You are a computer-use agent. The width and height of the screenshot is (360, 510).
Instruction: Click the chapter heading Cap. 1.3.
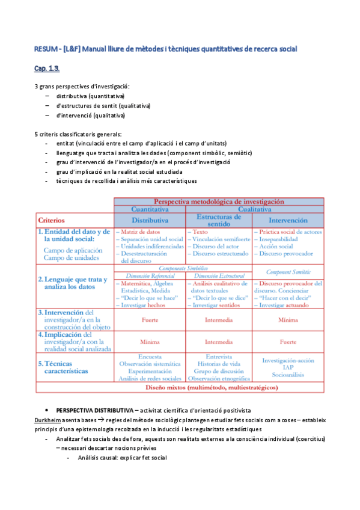(46, 68)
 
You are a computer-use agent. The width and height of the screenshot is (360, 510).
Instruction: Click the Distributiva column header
(150, 220)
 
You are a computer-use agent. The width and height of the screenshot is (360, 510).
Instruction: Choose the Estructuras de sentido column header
(219, 220)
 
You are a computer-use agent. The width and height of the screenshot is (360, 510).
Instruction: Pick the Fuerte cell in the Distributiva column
(150, 320)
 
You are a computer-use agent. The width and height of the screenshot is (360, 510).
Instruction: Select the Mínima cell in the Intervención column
(287, 320)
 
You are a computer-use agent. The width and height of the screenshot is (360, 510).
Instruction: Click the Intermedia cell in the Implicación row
(219, 342)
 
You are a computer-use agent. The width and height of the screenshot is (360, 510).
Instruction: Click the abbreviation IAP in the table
(287, 367)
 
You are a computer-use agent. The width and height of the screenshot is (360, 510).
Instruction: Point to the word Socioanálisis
(287, 374)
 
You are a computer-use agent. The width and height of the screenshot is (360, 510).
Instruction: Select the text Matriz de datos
(140, 232)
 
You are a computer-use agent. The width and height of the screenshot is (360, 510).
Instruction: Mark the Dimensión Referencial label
(150, 275)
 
